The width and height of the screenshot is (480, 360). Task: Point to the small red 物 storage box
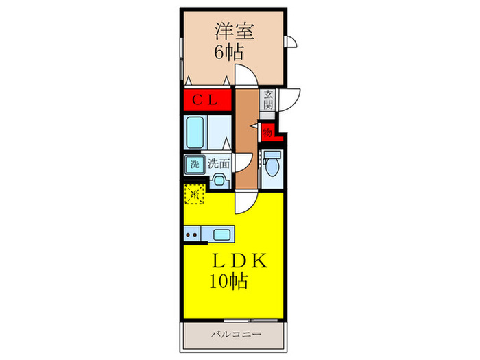267,130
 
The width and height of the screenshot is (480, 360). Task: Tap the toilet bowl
273,166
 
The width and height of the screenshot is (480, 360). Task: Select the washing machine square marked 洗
193,165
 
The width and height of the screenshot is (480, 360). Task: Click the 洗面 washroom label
219,165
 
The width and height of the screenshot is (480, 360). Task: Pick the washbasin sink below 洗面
219,181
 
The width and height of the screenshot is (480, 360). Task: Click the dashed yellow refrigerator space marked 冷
194,194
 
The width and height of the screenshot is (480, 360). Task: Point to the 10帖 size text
230,281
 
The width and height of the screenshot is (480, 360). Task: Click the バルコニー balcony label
234,335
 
